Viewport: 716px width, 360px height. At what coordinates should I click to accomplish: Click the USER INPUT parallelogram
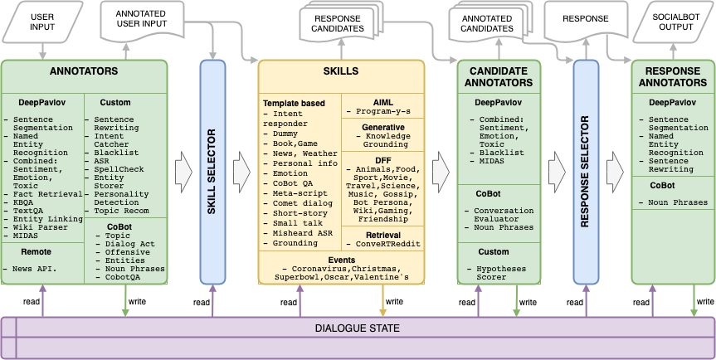(42, 22)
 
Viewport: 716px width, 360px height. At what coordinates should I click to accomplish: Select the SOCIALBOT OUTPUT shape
(672, 22)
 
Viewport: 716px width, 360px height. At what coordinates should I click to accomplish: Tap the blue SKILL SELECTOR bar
(212, 172)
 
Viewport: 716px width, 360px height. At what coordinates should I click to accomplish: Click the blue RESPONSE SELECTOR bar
(587, 172)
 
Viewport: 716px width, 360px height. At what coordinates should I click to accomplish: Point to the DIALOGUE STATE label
(358, 328)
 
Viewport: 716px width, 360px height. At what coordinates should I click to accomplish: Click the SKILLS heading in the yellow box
(341, 71)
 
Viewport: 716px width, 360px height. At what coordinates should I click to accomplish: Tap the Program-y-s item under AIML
(382, 111)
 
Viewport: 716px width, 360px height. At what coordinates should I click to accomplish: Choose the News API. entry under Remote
(30, 269)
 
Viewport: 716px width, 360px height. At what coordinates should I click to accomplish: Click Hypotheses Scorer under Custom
(497, 273)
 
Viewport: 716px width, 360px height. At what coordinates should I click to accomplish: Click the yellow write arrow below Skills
(382, 300)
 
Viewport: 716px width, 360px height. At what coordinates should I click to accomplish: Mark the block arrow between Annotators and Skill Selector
(184, 172)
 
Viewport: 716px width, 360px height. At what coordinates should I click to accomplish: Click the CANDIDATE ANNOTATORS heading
(499, 76)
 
